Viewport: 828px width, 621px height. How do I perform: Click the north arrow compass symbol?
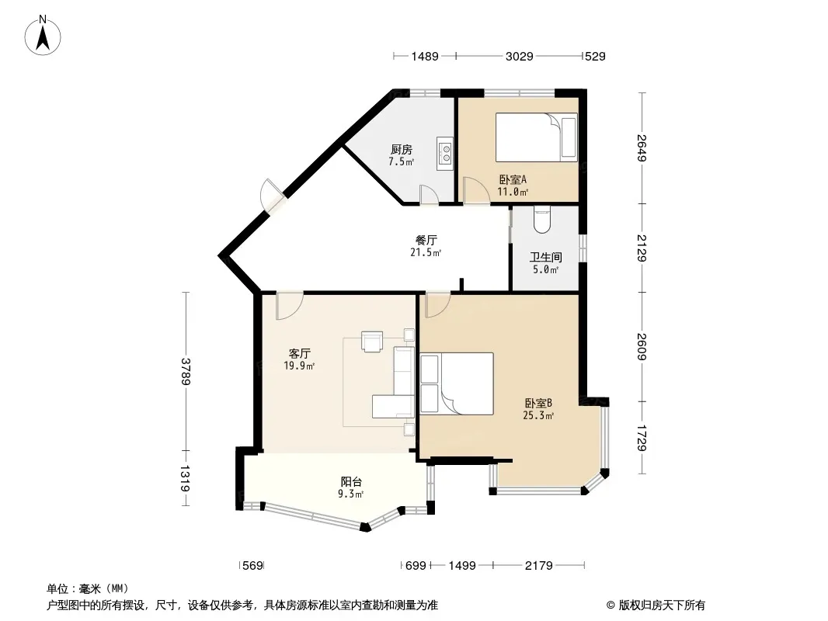(43, 35)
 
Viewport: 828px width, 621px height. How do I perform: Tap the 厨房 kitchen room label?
(402, 149)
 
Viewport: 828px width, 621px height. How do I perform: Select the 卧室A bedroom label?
(513, 179)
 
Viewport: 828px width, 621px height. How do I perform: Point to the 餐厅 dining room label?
(426, 240)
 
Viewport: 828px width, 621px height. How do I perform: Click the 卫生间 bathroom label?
(545, 258)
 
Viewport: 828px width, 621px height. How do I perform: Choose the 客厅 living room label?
(299, 353)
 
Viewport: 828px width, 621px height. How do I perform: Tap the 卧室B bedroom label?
(538, 403)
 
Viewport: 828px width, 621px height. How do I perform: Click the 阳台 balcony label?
(351, 482)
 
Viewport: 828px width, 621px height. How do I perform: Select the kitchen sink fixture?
(445, 154)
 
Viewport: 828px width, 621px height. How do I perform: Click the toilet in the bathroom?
(542, 220)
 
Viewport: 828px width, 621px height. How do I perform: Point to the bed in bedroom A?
(536, 137)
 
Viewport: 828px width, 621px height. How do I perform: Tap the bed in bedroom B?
(457, 383)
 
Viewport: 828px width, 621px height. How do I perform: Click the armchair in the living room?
(372, 341)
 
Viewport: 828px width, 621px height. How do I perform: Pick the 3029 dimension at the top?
(519, 56)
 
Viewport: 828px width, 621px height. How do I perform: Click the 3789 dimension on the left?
(186, 372)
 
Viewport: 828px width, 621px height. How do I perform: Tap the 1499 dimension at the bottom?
(462, 566)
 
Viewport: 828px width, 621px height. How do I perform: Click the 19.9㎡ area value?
(299, 366)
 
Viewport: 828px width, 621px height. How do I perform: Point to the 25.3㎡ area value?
(538, 415)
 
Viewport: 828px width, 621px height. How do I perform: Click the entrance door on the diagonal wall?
(273, 196)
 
